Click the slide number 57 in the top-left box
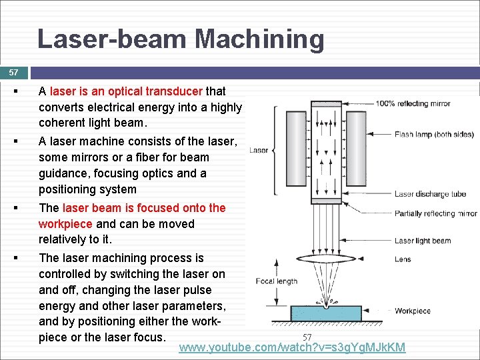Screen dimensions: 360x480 [14, 72]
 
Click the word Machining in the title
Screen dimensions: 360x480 [259, 39]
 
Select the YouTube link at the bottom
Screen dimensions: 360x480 [292, 347]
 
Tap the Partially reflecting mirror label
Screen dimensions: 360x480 [435, 214]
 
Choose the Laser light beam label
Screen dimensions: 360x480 [422, 241]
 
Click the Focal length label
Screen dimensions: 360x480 [276, 281]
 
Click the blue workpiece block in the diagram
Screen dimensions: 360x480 [326, 314]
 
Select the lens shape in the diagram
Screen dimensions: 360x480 [326, 260]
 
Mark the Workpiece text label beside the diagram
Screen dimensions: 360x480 [412, 311]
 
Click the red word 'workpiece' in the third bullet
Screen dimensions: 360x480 [65, 224]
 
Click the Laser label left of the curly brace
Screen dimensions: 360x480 [258, 150]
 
